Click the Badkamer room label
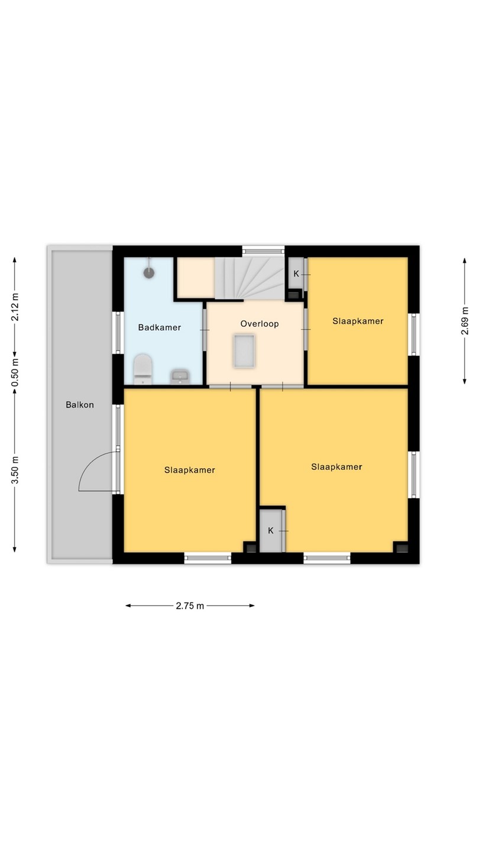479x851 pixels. (x=159, y=327)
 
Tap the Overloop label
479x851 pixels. (x=260, y=324)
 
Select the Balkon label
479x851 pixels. (x=80, y=405)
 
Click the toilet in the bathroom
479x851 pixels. (x=143, y=369)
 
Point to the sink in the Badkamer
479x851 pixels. (x=180, y=376)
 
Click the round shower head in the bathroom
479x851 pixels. (x=148, y=272)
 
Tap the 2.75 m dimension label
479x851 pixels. (x=190, y=606)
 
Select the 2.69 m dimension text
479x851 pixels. (x=465, y=321)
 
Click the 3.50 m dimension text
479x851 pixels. (x=15, y=470)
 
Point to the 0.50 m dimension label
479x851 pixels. (x=15, y=372)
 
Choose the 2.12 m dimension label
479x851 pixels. (x=15, y=307)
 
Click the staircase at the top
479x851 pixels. (x=250, y=278)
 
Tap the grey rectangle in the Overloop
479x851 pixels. (x=244, y=350)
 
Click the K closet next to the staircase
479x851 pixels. (x=296, y=274)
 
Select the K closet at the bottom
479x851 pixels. (x=271, y=531)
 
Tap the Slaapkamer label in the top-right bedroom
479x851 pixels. (x=358, y=321)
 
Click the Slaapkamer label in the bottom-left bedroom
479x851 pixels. (x=190, y=470)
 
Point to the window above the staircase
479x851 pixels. (x=264, y=251)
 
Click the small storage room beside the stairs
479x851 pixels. (x=196, y=278)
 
